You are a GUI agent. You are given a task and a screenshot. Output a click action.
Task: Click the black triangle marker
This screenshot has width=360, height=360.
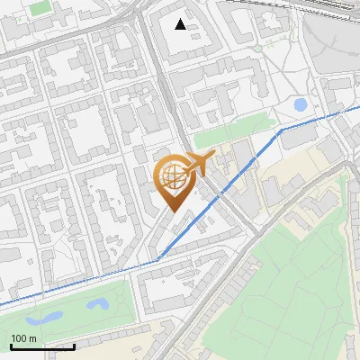[x=181, y=24]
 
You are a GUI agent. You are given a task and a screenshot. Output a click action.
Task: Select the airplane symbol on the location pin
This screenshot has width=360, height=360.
[x=199, y=163]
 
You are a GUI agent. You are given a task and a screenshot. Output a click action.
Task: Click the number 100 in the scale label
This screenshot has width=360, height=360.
[x=20, y=338]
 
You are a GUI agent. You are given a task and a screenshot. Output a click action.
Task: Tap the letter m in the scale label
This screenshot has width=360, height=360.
[x=33, y=338]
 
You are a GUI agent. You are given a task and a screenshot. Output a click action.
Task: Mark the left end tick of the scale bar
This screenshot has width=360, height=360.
[x=11, y=346]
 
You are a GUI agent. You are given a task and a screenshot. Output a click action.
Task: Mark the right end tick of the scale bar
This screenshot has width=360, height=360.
[x=74, y=346]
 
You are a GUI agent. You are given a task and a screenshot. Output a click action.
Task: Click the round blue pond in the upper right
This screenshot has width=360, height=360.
[x=301, y=105]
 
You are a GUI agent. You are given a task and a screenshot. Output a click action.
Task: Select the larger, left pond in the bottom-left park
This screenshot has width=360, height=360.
[x=45, y=318]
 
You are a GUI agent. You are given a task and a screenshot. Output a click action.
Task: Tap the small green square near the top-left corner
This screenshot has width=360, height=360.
[x=40, y=8]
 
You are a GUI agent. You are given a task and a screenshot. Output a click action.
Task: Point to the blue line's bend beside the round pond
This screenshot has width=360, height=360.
[x=281, y=130]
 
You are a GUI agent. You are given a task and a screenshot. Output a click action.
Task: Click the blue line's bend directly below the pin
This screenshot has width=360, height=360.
[x=158, y=258]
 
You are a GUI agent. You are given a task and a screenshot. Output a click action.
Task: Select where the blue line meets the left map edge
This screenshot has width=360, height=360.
[x=2, y=304]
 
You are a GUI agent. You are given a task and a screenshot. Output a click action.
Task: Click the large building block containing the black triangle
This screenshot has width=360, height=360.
[x=193, y=40]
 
